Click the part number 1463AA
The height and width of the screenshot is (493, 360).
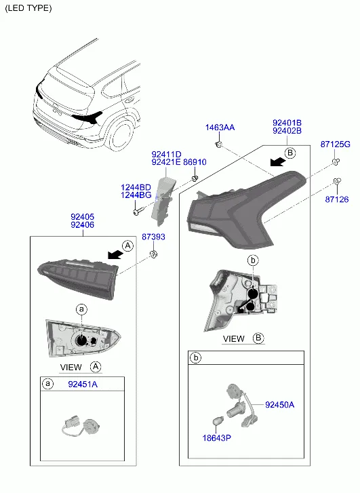point(220,127)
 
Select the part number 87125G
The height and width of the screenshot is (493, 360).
point(335,144)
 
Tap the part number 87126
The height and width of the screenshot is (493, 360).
point(337,199)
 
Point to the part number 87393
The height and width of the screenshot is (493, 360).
point(153,237)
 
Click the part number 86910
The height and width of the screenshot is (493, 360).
point(195,162)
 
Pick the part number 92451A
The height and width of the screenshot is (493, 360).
point(83,384)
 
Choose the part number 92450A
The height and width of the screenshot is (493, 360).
point(279,405)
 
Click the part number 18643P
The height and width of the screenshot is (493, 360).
point(217,437)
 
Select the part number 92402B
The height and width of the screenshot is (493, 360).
point(287,131)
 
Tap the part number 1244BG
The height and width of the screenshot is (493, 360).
point(136,195)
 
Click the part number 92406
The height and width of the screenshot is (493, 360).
point(83,225)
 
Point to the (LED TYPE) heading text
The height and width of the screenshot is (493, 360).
point(28,8)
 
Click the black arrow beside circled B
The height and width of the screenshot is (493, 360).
point(277,162)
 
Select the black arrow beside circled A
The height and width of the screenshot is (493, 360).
point(115,255)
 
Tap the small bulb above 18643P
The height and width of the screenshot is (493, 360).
point(218,420)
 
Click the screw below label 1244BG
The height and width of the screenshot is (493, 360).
point(139,212)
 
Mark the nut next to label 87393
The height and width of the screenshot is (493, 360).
point(153,254)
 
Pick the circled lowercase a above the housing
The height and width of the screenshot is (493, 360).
point(81,309)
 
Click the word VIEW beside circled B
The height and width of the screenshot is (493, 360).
point(233,339)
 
